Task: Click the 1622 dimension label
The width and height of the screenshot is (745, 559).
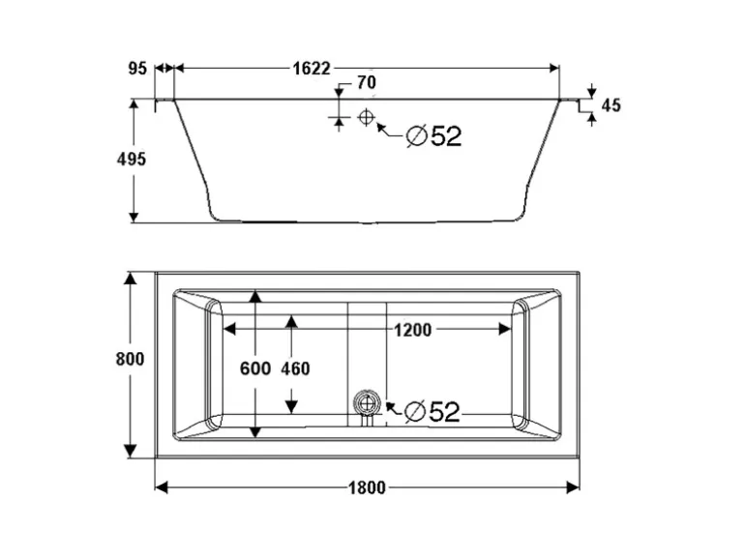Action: (312, 69)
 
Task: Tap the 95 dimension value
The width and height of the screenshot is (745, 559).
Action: (137, 69)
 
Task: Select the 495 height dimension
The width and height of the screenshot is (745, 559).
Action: (132, 160)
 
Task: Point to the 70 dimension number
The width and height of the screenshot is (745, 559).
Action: (367, 82)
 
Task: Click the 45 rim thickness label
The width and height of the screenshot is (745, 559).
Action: (611, 105)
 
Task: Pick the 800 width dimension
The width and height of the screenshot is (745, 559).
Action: (131, 359)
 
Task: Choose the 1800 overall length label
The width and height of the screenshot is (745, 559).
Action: (367, 487)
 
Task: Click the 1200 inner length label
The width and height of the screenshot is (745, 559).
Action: (413, 330)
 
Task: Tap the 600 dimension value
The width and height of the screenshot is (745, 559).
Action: (255, 368)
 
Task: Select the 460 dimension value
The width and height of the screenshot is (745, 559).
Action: (295, 368)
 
